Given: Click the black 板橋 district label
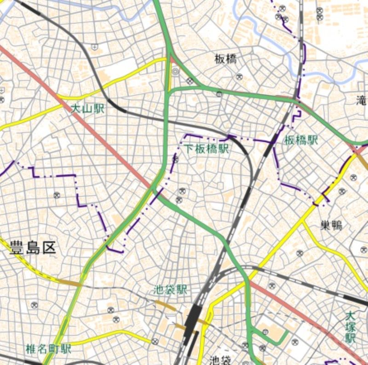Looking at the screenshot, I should point(225,58).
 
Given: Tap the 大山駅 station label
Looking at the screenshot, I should point(87,109).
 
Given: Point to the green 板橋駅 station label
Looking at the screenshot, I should point(301,140).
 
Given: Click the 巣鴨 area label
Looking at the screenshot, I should point(331,225).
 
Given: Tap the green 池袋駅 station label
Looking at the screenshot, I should point(171,290).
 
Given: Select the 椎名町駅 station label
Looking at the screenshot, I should point(49,348).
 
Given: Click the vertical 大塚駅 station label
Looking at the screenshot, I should point(351,327).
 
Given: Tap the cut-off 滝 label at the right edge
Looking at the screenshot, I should point(362,99).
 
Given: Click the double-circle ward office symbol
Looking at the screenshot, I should point(175,72).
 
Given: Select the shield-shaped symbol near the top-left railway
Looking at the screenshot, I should point(95,47).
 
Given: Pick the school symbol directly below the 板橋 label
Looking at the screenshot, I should point(239,76).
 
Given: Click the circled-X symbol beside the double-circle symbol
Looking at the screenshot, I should point(190,81).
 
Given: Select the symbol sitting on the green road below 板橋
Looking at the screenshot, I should point(219,94).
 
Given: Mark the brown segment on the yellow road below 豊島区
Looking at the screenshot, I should point(69,282).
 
